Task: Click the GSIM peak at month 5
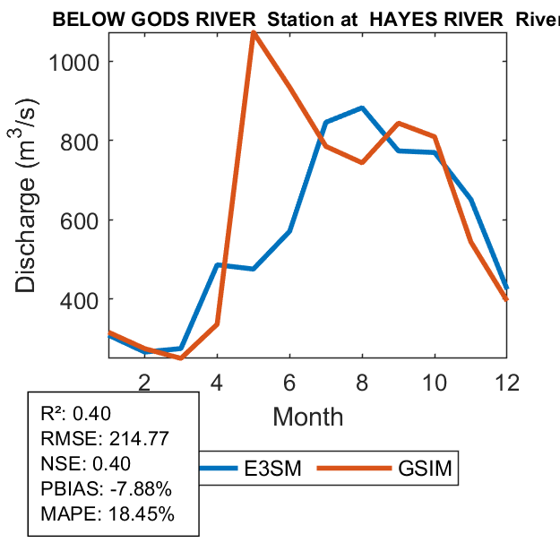point(254,34)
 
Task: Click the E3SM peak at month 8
point(362,108)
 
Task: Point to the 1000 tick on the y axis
point(75,62)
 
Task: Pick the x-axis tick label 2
point(144,381)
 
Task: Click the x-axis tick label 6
point(289,381)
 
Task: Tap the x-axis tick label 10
point(435,381)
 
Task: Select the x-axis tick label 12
point(507,381)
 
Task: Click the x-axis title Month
point(307,416)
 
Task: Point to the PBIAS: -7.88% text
point(107,489)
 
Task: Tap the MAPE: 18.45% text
point(108,514)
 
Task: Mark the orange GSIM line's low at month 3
point(181,358)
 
